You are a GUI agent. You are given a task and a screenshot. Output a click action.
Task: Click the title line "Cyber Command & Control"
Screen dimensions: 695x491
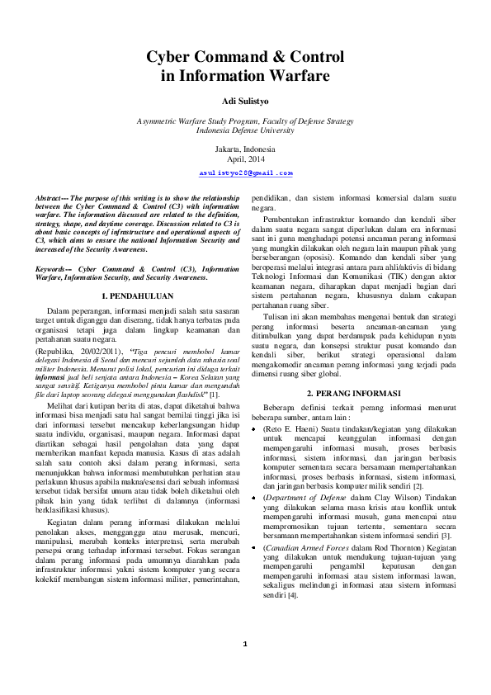coord(245,58)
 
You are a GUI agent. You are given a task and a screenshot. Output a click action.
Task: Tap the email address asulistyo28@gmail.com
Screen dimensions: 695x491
coord(246,173)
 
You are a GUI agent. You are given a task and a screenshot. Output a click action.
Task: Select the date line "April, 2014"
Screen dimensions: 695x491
coord(245,158)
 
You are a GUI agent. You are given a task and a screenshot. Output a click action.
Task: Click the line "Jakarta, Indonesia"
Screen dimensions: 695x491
coord(245,149)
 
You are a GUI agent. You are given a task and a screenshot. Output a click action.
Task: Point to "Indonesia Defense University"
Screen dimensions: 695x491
coord(245,130)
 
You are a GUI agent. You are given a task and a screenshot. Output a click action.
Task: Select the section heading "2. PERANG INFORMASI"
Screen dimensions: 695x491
coord(353,394)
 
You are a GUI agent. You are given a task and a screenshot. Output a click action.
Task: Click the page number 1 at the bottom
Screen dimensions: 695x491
coord(245,667)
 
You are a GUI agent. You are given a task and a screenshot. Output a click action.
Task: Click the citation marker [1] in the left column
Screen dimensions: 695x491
coord(213,397)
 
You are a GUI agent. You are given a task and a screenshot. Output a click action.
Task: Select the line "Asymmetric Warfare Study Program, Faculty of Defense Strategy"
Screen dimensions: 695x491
coord(245,121)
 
